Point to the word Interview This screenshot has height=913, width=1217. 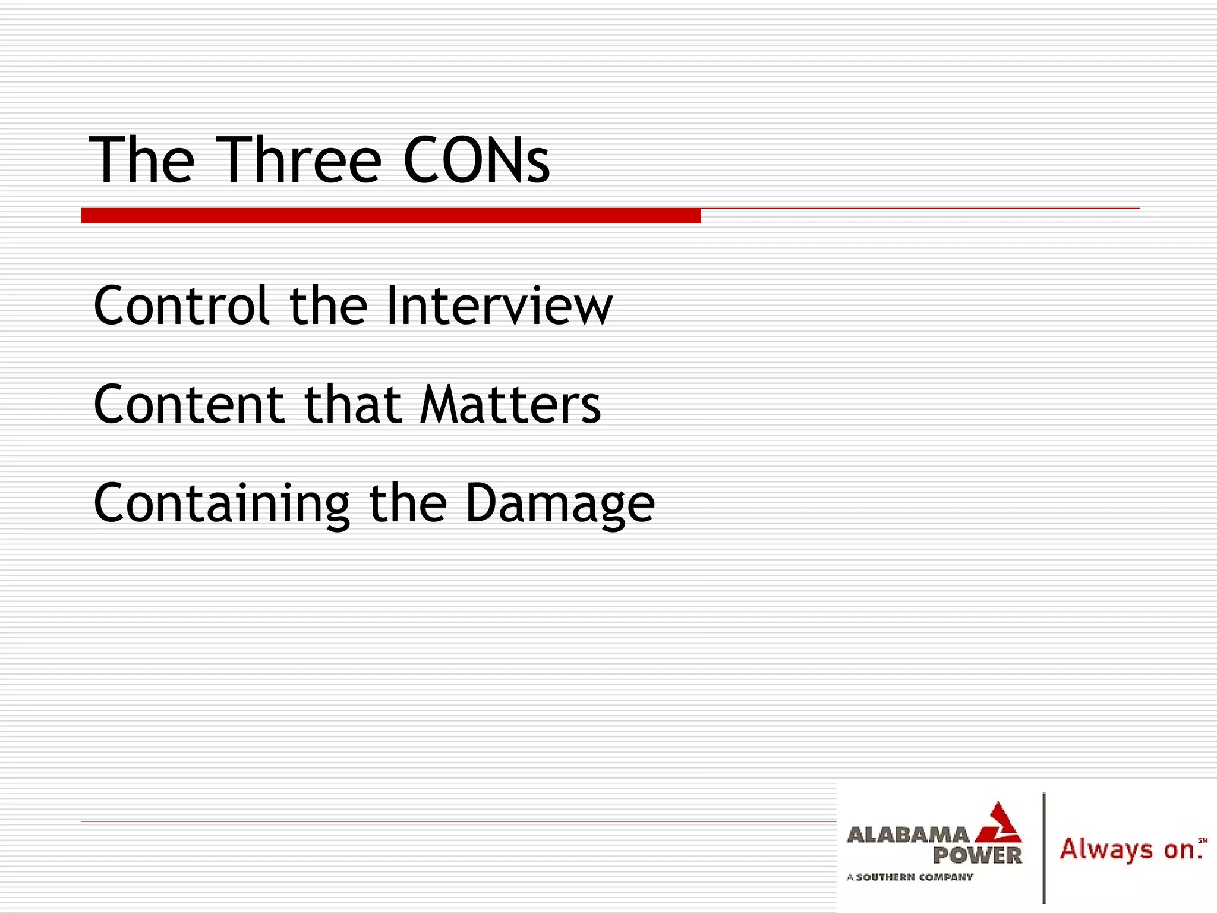(x=499, y=306)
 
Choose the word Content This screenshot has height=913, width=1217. (x=189, y=405)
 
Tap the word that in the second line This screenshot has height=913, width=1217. (x=352, y=405)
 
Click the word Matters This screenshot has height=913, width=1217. (x=510, y=405)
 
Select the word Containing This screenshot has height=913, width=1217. (x=222, y=503)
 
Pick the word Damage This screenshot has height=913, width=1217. (x=560, y=503)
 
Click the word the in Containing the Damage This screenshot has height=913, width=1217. (x=408, y=503)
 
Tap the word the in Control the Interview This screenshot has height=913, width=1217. (x=328, y=306)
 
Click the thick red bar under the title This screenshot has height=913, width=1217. (x=390, y=216)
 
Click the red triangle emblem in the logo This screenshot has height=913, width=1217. (x=999, y=824)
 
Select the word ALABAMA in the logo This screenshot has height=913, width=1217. (x=907, y=835)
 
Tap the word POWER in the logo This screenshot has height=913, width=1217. (x=978, y=856)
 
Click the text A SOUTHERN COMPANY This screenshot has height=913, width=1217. (x=910, y=877)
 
